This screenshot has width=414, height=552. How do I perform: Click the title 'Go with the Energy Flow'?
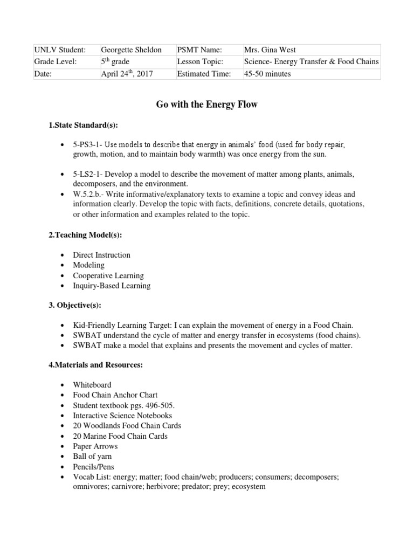pyautogui.click(x=207, y=105)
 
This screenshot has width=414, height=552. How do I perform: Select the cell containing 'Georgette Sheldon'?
pyautogui.click(x=131, y=50)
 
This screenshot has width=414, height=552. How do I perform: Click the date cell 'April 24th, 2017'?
pyautogui.click(x=127, y=74)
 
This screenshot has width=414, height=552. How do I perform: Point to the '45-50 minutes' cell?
pyautogui.click(x=267, y=74)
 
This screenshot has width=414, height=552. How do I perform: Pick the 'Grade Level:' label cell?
pyautogui.click(x=56, y=61)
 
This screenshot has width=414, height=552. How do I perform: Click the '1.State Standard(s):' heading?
pyautogui.click(x=83, y=125)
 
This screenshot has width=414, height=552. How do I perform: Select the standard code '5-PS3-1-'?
pyautogui.click(x=88, y=146)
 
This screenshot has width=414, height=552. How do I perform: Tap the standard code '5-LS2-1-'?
pyautogui.click(x=89, y=175)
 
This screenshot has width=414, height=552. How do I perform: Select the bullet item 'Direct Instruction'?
pyautogui.click(x=102, y=255)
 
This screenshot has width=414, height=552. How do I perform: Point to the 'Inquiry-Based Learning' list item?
pyautogui.click(x=112, y=286)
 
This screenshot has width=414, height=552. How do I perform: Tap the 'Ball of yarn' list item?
pyautogui.click(x=93, y=457)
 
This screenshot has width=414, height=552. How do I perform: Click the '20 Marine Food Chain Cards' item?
pyautogui.click(x=120, y=436)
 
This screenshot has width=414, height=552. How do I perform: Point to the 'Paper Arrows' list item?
pyautogui.click(x=95, y=446)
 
